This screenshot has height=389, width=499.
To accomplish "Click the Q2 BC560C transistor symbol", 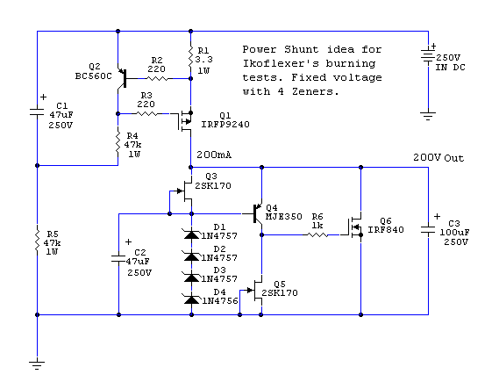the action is [x=123, y=78].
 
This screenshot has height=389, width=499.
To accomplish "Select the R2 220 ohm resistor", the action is [x=157, y=78].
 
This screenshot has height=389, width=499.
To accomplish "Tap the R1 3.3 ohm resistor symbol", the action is [x=190, y=57].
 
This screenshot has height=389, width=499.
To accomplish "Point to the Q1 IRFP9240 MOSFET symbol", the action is [x=184, y=121].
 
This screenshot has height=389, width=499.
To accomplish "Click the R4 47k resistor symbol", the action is [x=118, y=143].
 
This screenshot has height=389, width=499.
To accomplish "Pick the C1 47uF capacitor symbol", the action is [x=37, y=112].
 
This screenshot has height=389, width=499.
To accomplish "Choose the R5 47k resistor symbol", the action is [x=37, y=241].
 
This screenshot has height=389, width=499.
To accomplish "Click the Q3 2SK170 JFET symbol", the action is [x=184, y=191].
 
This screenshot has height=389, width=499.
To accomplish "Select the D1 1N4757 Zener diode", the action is [x=191, y=234].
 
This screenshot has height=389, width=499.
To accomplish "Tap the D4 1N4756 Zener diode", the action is [x=191, y=299].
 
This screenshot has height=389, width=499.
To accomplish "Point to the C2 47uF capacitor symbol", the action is [x=118, y=258].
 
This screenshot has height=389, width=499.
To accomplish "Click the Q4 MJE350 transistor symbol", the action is [x=257, y=214].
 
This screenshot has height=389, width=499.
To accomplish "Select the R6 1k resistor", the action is [x=317, y=234].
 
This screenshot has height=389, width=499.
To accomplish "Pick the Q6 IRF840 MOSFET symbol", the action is [x=354, y=227].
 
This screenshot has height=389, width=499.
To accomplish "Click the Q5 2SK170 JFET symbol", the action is [x=255, y=291].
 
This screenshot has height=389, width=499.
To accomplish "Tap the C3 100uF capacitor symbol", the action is [x=428, y=230].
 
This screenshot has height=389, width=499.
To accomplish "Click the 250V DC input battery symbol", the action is [x=428, y=56].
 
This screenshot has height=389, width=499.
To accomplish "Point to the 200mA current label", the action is [x=214, y=155].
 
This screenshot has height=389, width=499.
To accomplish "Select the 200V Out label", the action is [x=438, y=158].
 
